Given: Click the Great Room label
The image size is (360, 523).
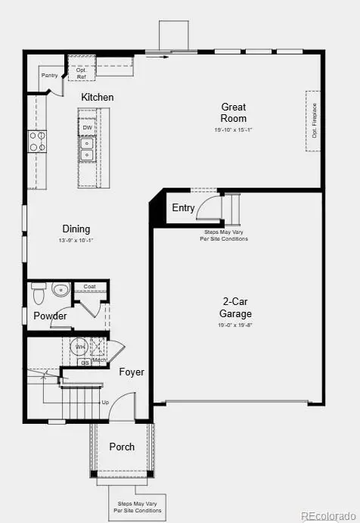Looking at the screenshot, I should click(x=233, y=113).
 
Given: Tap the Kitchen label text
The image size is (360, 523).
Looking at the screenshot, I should click(x=98, y=98).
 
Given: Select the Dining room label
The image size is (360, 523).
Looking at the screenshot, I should click(x=76, y=229).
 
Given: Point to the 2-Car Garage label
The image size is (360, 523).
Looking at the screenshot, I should click(x=236, y=308).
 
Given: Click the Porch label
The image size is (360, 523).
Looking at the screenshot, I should click(x=122, y=447).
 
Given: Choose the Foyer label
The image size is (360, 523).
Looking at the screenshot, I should click(x=132, y=372).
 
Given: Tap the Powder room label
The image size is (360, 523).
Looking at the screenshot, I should click(x=50, y=316).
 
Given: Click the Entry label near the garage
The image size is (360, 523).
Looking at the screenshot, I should click(x=183, y=208).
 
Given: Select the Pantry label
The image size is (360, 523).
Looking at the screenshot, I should click(x=49, y=76).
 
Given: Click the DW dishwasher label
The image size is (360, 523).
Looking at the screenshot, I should click(x=88, y=127).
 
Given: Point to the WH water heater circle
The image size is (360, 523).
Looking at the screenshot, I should click(x=80, y=347).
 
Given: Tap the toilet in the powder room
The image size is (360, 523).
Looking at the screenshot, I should click(x=39, y=291).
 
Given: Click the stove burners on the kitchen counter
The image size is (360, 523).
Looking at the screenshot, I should click(x=37, y=141).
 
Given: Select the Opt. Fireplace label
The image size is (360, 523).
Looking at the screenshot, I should click(x=314, y=121).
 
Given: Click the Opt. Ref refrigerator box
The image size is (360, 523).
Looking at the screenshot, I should click(x=81, y=73).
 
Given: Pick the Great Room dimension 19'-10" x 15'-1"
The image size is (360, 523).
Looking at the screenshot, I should click(x=233, y=130).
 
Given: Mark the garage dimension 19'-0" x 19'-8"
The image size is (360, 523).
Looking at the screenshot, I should click(x=236, y=325).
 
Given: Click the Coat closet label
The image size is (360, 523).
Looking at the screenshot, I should click(x=90, y=286).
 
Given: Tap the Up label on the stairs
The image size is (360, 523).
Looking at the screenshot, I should click(x=104, y=402).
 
